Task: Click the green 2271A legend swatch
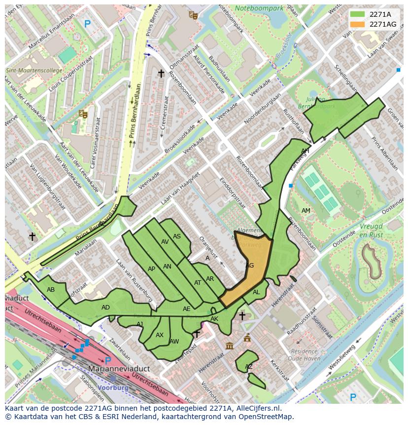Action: tap(358, 14)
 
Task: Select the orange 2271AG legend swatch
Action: tap(358, 24)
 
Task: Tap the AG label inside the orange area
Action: tap(249, 266)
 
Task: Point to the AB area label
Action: tap(51, 290)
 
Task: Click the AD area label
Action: tap(105, 308)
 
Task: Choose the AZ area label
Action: tap(249, 367)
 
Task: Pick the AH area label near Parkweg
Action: tap(305, 151)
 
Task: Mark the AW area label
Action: tap(174, 341)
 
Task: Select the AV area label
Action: tap(165, 242)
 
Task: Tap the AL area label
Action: tap(256, 292)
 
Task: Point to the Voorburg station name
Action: tap(113, 387)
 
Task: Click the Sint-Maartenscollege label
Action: tap(34, 71)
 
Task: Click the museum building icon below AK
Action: tap(230, 346)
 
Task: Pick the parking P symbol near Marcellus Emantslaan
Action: tap(87, 23)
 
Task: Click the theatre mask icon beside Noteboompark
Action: tap(193, 15)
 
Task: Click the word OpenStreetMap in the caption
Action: tap(269, 417)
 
